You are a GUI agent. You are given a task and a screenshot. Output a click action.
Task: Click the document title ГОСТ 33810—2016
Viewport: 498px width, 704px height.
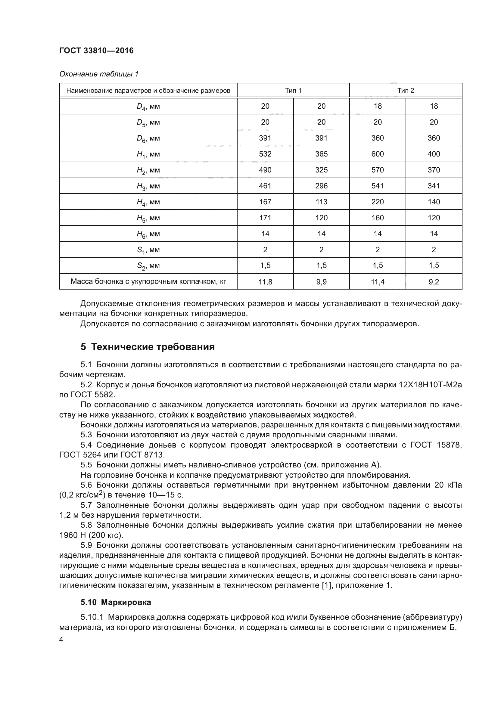(x=96, y=51)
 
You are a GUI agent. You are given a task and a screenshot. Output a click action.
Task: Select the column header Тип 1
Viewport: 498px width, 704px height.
(x=293, y=91)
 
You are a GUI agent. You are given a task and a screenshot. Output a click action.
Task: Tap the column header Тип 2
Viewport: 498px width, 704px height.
(x=406, y=91)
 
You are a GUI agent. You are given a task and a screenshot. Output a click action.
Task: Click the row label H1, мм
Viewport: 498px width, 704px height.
(x=148, y=154)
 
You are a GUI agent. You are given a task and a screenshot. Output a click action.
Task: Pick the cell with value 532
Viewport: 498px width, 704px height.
(x=265, y=154)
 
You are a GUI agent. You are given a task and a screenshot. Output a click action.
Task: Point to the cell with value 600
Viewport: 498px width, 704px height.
(x=378, y=154)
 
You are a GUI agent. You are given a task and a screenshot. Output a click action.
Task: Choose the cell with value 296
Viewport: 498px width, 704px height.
(x=321, y=186)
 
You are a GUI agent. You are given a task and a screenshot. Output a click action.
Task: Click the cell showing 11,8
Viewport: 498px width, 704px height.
(x=265, y=281)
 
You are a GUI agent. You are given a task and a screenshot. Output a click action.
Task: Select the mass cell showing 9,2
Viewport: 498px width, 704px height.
(x=434, y=281)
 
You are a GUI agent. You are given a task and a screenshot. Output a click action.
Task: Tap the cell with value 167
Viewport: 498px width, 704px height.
(x=265, y=202)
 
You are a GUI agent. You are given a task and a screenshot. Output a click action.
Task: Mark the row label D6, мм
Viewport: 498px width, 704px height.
(x=148, y=138)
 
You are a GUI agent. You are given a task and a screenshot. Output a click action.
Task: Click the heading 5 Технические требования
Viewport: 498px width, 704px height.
(x=148, y=347)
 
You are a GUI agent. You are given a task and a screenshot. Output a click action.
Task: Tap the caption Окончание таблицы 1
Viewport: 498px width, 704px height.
(x=99, y=74)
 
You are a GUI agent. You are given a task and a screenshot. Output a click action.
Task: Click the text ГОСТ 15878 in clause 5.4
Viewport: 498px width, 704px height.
(x=436, y=445)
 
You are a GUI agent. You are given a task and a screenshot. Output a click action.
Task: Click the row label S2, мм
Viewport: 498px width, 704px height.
(x=148, y=266)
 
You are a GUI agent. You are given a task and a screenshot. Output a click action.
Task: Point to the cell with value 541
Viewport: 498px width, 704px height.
(x=378, y=186)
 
